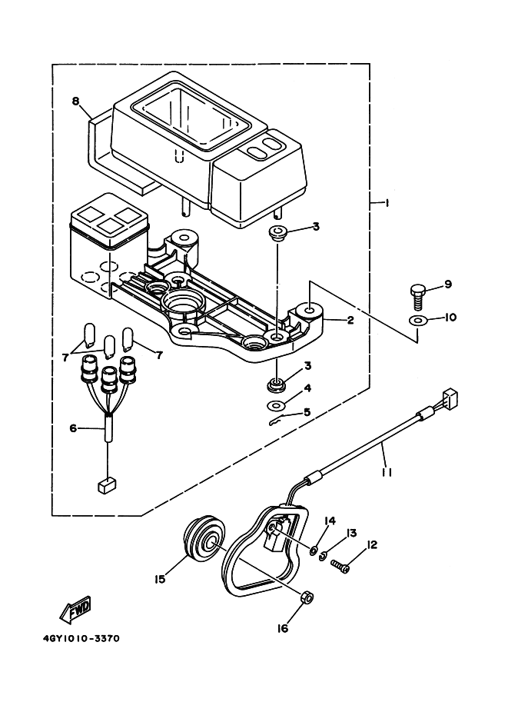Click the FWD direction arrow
click(x=75, y=610)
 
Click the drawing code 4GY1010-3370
click(x=81, y=638)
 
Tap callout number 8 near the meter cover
click(x=75, y=101)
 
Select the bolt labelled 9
click(x=417, y=296)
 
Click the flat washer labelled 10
click(x=417, y=321)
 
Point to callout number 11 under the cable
click(x=387, y=472)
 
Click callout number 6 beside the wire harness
click(x=74, y=428)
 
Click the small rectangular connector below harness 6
click(x=107, y=486)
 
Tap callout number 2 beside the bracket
click(x=350, y=320)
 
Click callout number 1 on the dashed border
click(x=387, y=203)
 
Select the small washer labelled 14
click(x=314, y=549)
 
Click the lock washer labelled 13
click(x=323, y=556)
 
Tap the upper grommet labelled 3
click(x=277, y=234)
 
